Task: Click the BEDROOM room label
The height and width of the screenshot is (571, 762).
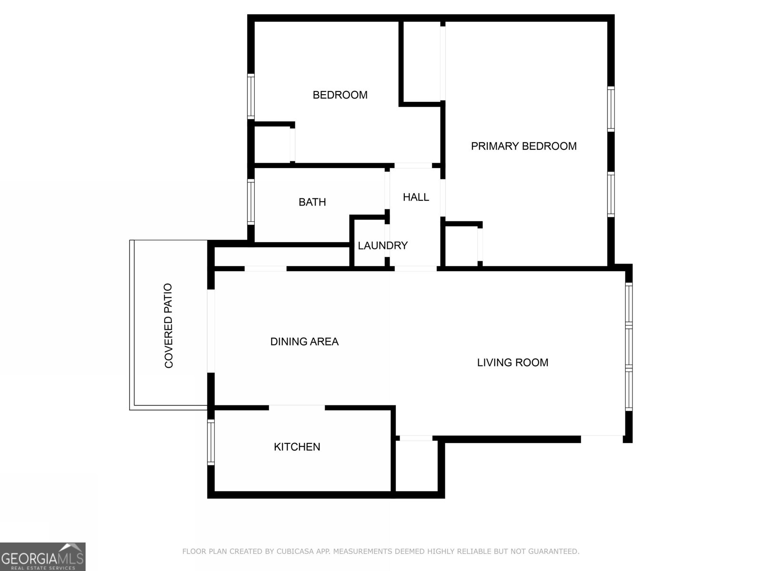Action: pyautogui.click(x=340, y=95)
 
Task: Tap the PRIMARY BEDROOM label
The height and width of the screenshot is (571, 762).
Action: pyautogui.click(x=523, y=146)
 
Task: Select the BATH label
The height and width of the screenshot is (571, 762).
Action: pyautogui.click(x=312, y=202)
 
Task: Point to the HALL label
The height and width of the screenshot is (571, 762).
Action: pyautogui.click(x=416, y=197)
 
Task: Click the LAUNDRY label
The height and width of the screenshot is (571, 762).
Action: pyautogui.click(x=382, y=246)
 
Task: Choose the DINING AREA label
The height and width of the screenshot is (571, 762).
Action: pyautogui.click(x=304, y=342)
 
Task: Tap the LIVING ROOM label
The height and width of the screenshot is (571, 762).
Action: pyautogui.click(x=512, y=363)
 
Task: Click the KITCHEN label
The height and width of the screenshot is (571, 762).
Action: pyautogui.click(x=297, y=447)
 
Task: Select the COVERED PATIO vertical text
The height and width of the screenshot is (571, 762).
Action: pyautogui.click(x=169, y=326)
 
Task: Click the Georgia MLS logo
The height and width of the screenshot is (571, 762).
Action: pyautogui.click(x=42, y=556)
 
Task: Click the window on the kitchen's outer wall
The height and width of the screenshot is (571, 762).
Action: pyautogui.click(x=211, y=443)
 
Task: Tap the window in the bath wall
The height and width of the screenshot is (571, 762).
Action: pyautogui.click(x=251, y=201)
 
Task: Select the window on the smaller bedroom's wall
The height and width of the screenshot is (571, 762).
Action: pyautogui.click(x=251, y=96)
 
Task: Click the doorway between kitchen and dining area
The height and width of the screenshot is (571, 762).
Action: pyautogui.click(x=297, y=408)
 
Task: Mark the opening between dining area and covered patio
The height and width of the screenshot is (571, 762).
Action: pyautogui.click(x=211, y=331)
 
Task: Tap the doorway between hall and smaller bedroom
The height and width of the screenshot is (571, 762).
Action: pyautogui.click(x=413, y=166)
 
